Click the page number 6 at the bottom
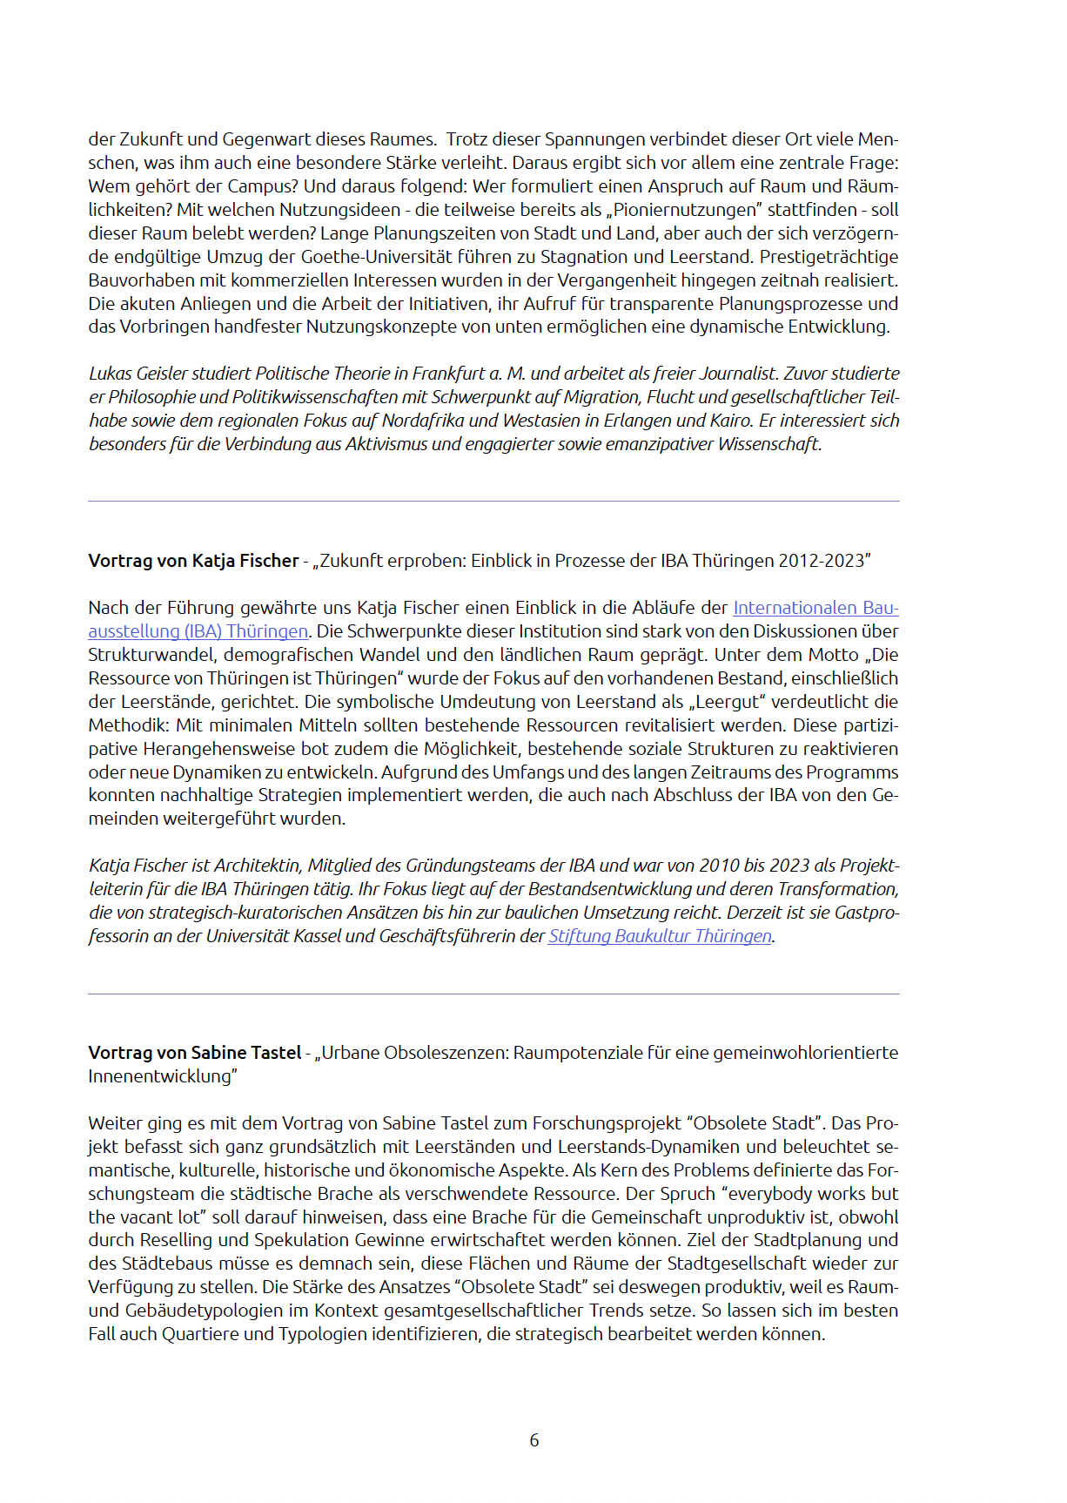(x=533, y=1440)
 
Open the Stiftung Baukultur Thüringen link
(x=660, y=936)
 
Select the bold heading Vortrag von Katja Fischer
(x=193, y=561)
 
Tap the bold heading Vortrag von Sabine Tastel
(x=194, y=1053)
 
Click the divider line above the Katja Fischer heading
(x=493, y=502)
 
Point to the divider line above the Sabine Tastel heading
(x=493, y=994)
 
